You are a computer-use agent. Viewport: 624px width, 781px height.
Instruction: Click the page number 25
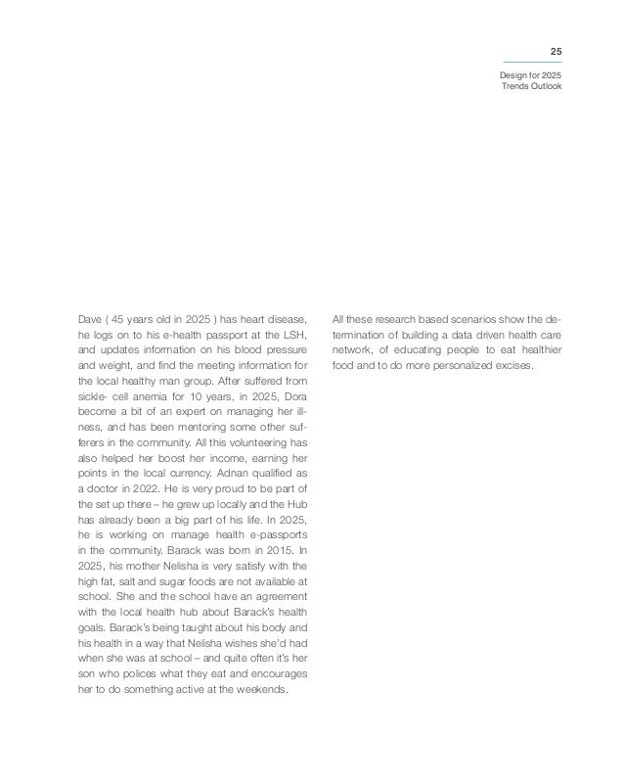pyautogui.click(x=555, y=51)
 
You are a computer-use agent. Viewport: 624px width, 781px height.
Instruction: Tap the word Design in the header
pyautogui.click(x=514, y=76)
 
